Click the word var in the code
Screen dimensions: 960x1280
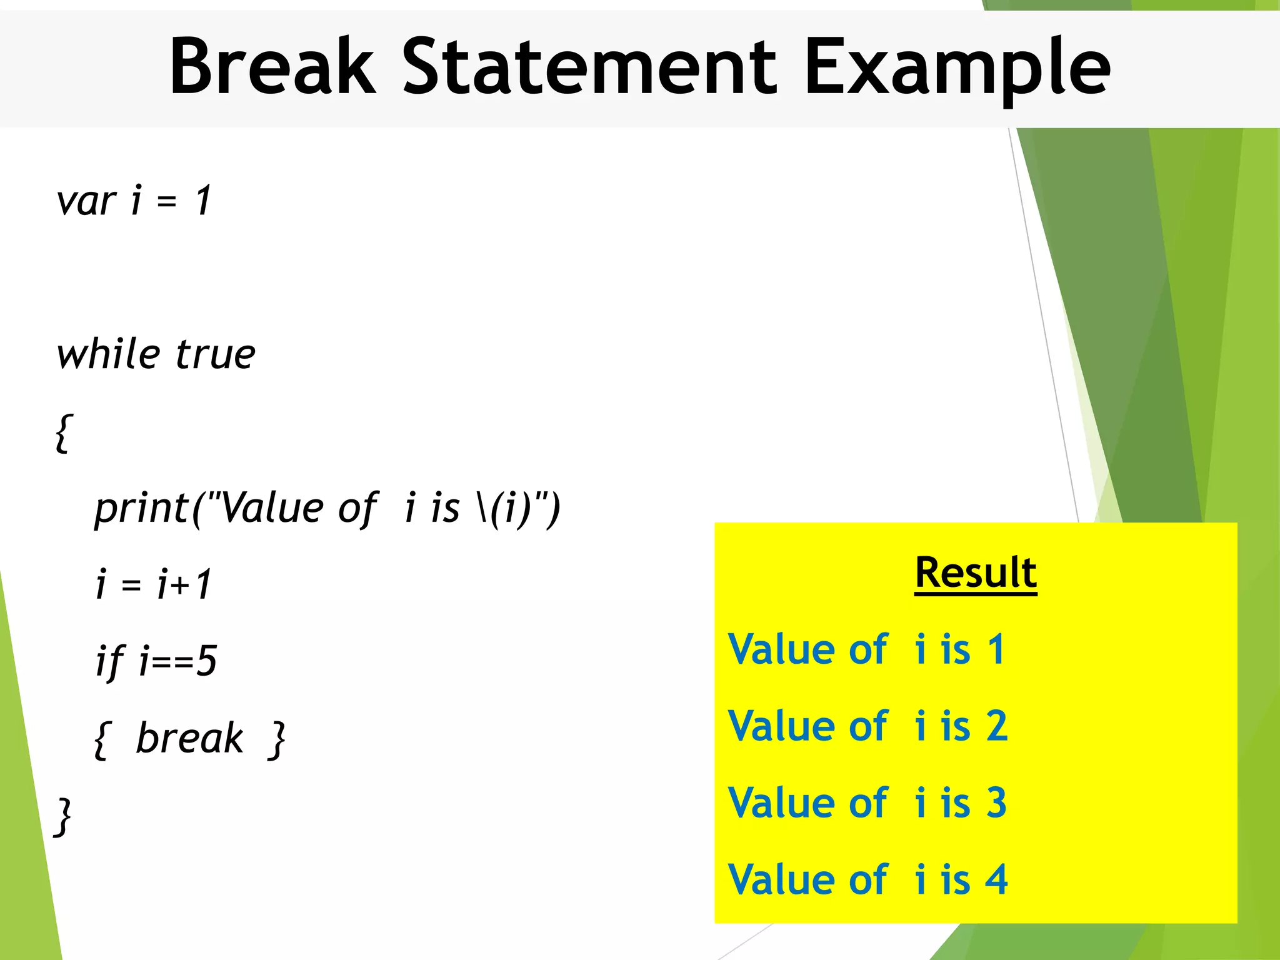pos(86,202)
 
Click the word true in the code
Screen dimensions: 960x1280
pos(215,356)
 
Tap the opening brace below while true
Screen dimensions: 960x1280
pos(64,432)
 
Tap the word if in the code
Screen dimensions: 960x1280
pos(109,662)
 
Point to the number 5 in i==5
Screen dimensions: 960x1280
pos(207,661)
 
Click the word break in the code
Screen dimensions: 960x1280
pos(189,739)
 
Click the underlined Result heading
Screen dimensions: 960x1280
pos(976,572)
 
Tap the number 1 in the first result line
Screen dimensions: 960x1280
pos(996,649)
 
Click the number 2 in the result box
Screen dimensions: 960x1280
pos(997,726)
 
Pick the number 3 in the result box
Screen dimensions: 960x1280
pos(997,803)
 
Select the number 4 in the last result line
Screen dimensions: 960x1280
pos(997,880)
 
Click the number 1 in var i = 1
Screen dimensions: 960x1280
pos(203,201)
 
